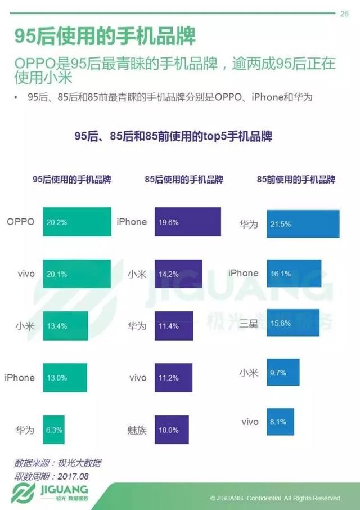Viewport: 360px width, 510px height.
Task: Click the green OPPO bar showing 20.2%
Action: coord(75,222)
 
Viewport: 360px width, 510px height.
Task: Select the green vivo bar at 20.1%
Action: coord(75,274)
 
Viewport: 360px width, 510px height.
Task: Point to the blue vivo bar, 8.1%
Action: coord(280,422)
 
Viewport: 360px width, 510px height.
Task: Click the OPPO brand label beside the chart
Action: coord(21,222)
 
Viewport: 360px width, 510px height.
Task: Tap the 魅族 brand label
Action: coord(137,431)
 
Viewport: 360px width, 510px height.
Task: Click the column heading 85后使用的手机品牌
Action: coord(184,179)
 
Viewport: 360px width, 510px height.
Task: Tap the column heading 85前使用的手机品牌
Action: coord(296,179)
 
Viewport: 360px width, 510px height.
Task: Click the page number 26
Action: coord(344,15)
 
